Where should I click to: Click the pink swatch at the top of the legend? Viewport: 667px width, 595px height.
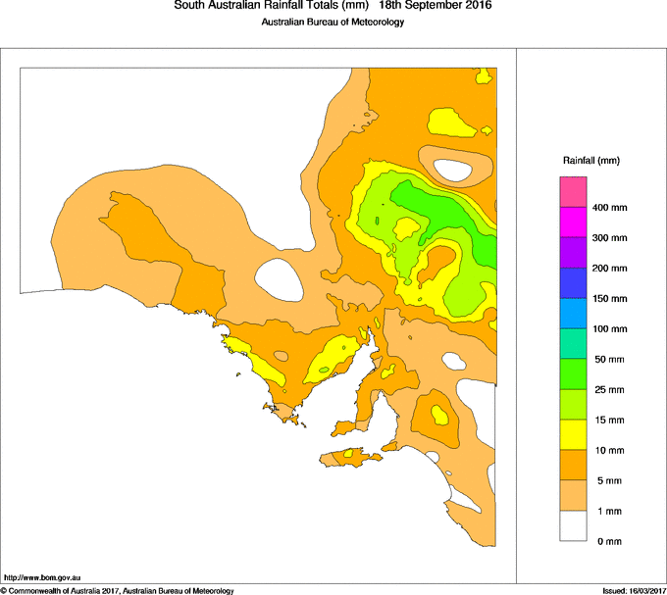[573, 191]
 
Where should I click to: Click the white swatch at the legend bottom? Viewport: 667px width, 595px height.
[573, 526]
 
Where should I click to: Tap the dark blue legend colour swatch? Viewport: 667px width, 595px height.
[573, 283]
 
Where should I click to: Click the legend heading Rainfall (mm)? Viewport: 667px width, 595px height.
[591, 160]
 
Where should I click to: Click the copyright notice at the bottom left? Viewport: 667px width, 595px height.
[118, 590]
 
